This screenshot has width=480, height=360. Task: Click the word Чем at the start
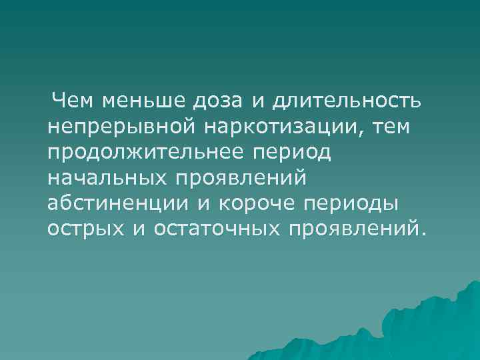pos(74,101)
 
